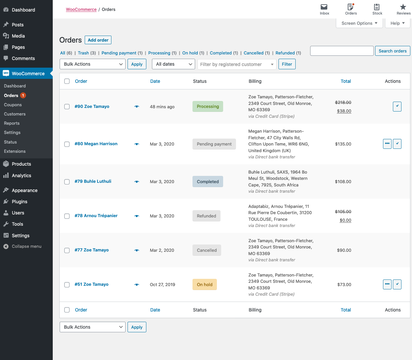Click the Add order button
tap(98, 40)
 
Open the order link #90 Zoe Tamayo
tap(92, 107)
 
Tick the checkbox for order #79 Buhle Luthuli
tap(67, 182)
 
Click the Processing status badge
tap(208, 107)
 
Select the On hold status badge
tap(204, 284)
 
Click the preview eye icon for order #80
tap(137, 144)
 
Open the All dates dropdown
tap(173, 64)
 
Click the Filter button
tap(287, 64)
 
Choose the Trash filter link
tap(83, 53)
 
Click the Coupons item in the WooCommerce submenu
tap(13, 105)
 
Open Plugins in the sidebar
tap(19, 202)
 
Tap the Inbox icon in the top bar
tap(324, 9)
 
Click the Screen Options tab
tap(359, 23)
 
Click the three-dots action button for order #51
tap(387, 284)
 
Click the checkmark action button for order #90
tap(397, 106)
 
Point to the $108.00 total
tap(343, 182)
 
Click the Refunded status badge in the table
tap(206, 216)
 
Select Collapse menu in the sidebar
tap(26, 246)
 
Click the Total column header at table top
tap(345, 81)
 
